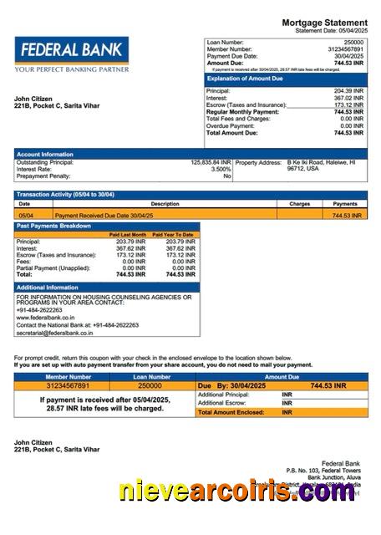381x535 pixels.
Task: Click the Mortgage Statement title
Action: [x=324, y=22]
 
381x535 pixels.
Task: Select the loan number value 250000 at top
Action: [x=353, y=42]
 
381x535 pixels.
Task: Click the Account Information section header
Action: [x=45, y=154]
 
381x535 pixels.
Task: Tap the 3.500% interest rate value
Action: [x=221, y=169]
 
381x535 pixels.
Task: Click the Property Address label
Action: [x=259, y=162]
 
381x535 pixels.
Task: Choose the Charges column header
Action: [x=300, y=204]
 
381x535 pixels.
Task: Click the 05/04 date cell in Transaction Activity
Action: [x=24, y=215]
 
